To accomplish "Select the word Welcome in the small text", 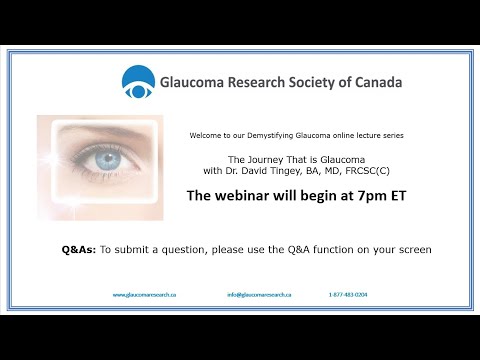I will (x=207, y=136).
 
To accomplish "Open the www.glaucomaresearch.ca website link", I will (x=144, y=295).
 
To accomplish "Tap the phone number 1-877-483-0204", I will (x=348, y=295).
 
